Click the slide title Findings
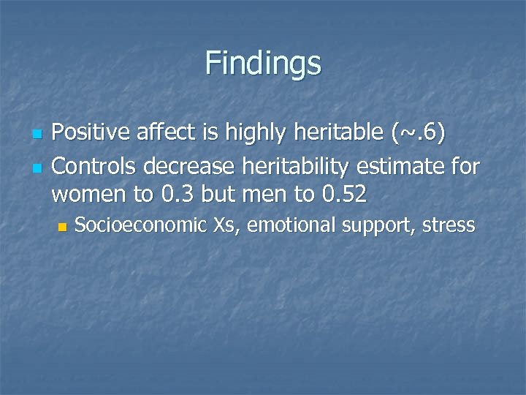263,63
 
